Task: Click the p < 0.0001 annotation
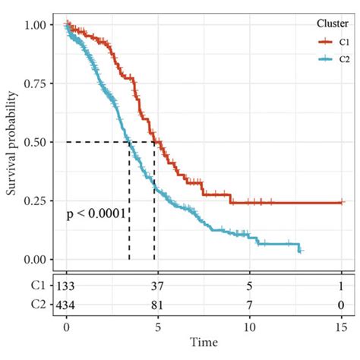[x=96, y=214]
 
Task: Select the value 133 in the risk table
[x=67, y=286]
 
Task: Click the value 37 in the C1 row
[x=158, y=286]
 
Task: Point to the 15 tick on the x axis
[x=342, y=327]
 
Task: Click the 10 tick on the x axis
[x=250, y=327]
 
